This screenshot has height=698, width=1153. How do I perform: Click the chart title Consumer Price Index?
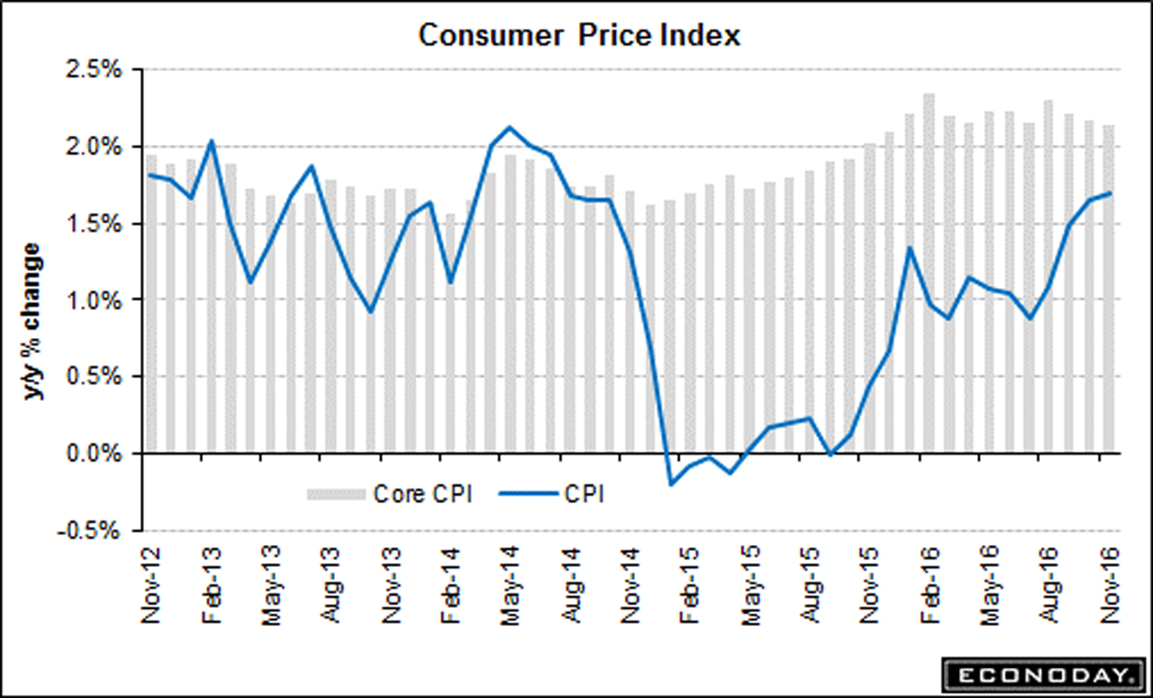579,35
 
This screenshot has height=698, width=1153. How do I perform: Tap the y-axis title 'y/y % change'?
33,322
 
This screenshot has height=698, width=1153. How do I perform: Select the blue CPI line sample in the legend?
527,494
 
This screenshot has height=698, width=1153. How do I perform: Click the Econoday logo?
1042,675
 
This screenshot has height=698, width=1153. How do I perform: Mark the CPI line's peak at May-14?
509,127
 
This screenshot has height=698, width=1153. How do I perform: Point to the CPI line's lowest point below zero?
671,484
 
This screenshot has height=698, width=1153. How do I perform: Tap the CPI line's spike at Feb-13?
211,141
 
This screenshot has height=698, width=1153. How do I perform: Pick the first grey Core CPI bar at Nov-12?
151,303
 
